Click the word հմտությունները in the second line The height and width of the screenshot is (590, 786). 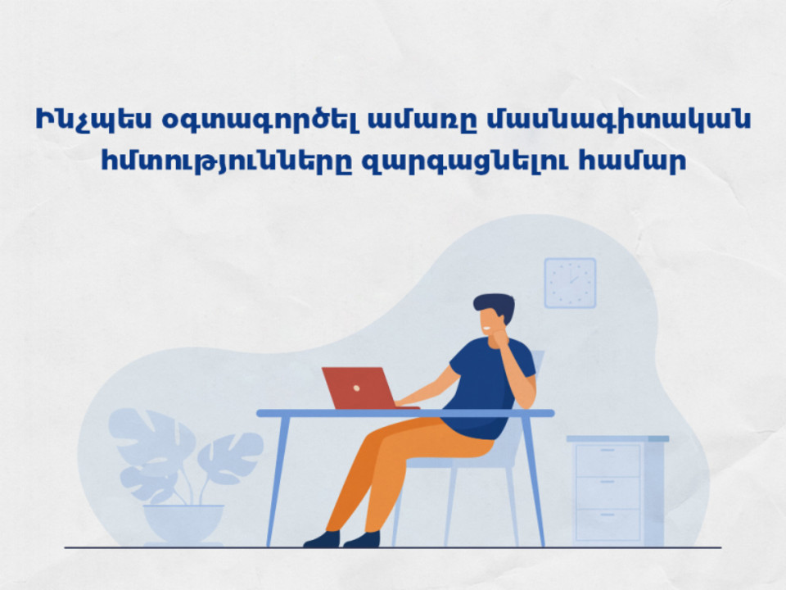tap(226, 161)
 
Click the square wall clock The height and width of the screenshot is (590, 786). tap(570, 283)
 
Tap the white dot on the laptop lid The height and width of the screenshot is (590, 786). tap(356, 388)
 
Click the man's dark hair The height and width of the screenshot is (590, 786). tap(495, 306)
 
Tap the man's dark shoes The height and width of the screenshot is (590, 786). tap(342, 539)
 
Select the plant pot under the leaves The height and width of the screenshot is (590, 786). tap(183, 524)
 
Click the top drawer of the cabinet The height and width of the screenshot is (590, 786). tap(608, 460)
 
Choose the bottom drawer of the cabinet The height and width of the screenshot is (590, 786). tap(608, 524)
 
